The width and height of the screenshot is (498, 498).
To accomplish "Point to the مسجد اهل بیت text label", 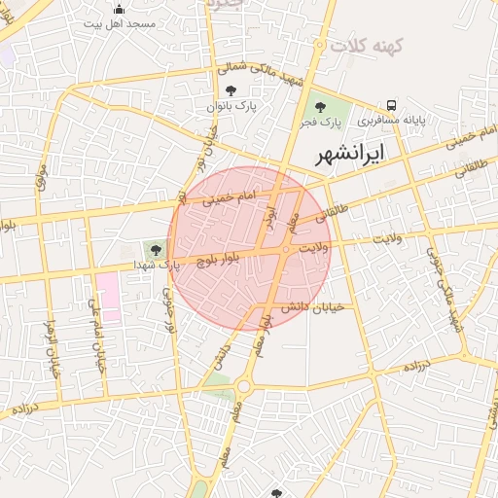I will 120,22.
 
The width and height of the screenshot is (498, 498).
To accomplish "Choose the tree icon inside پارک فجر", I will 320,107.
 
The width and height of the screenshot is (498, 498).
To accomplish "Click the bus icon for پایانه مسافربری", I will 391,105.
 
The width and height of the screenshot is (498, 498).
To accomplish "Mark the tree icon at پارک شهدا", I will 155,250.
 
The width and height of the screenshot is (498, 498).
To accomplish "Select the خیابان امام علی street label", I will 96,336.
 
